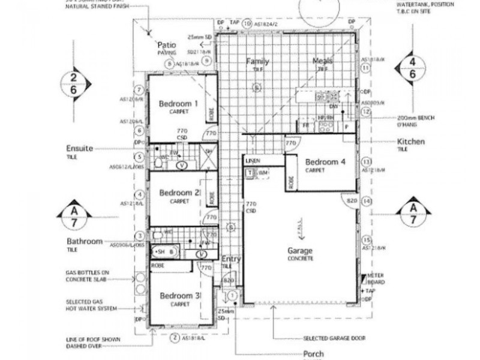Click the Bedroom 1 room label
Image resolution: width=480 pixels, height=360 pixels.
[179, 104]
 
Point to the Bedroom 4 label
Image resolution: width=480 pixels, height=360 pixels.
[325, 161]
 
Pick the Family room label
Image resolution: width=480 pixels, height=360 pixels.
[257, 61]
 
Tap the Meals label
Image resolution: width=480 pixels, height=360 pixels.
[322, 61]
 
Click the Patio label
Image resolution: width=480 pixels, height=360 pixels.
[166, 45]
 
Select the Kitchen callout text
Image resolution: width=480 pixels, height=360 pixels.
[411, 142]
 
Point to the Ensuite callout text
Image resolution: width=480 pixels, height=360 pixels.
[80, 148]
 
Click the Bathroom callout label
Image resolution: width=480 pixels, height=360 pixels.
[85, 241]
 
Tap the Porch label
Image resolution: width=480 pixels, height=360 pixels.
[314, 354]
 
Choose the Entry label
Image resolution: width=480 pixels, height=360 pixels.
[231, 259]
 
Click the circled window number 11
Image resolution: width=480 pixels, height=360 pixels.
[367, 68]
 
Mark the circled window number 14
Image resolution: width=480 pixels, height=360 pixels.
[367, 202]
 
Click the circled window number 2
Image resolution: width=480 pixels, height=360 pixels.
[175, 338]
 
